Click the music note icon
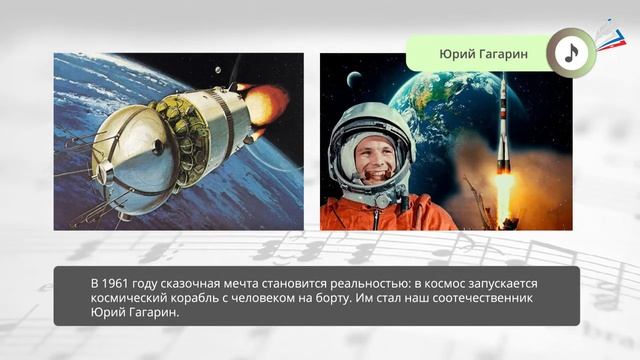[x=570, y=53]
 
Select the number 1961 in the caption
[x=121, y=283]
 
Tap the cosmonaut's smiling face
[x=371, y=160]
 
